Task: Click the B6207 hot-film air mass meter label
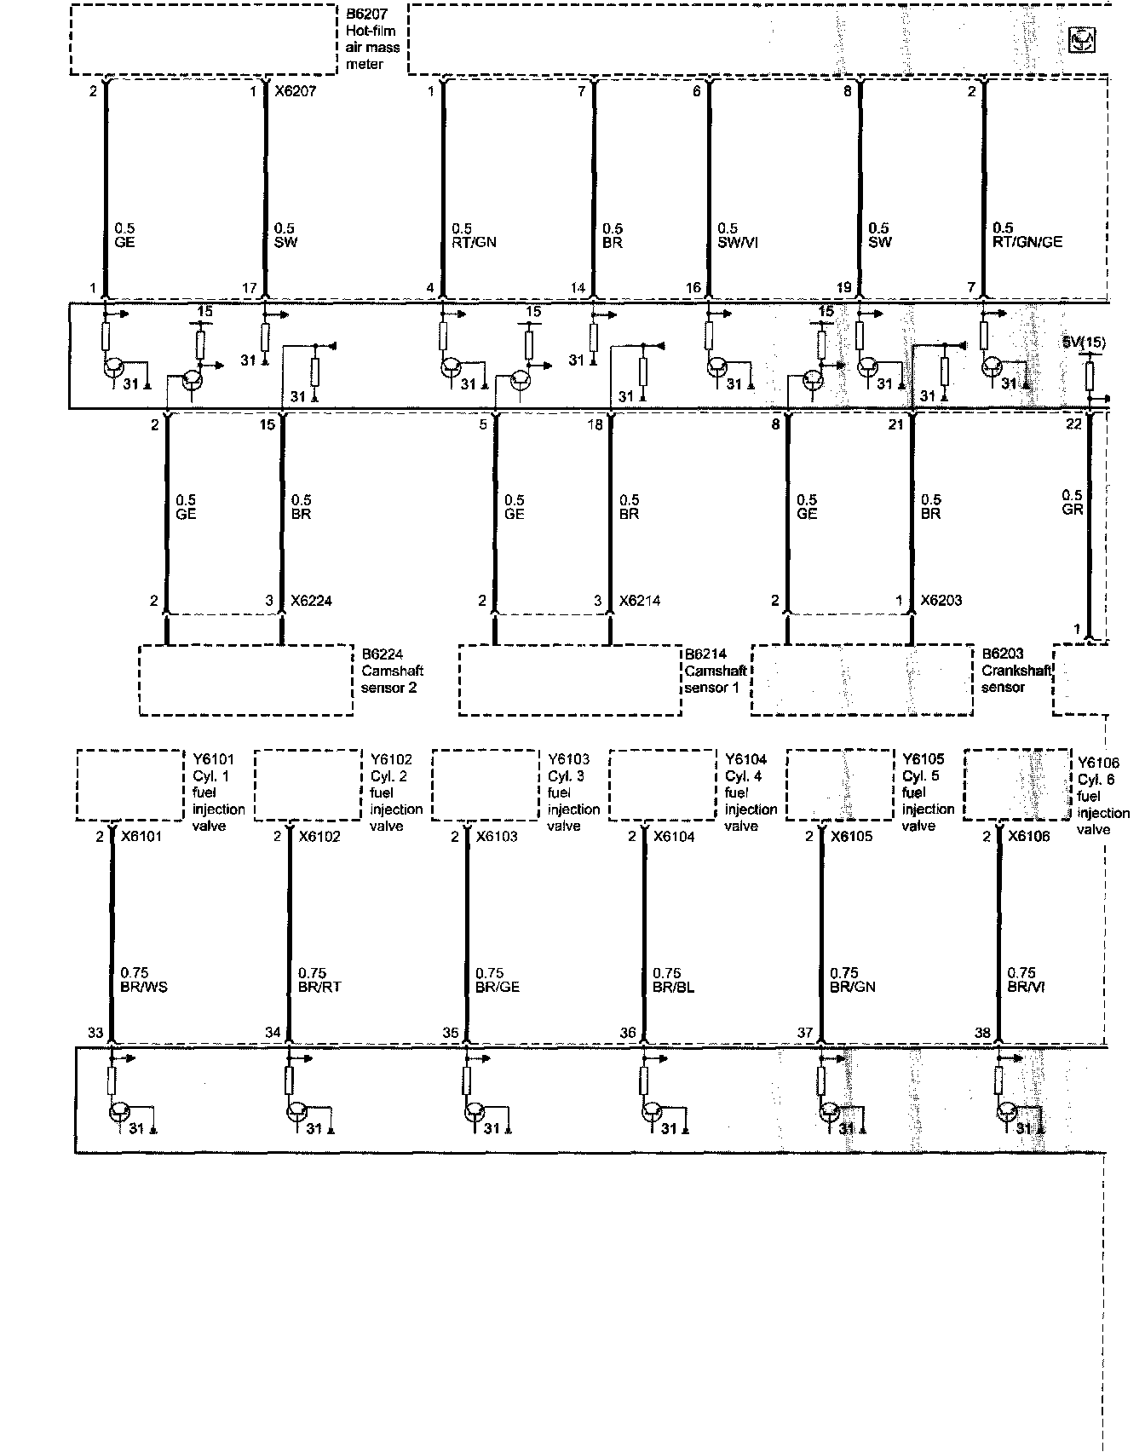tap(371, 40)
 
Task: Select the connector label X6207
tap(295, 92)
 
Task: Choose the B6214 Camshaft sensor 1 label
tap(716, 671)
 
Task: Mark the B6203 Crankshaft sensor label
tap(1016, 671)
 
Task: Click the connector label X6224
tap(311, 602)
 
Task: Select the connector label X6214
tap(640, 602)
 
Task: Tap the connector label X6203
tap(941, 602)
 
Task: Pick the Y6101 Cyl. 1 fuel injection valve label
tap(216, 792)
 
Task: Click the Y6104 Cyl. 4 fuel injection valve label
tap(750, 792)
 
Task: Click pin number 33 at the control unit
tap(95, 1034)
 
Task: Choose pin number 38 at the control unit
tap(982, 1034)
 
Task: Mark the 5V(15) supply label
tap(1084, 343)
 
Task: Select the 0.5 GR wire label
tap(1073, 503)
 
